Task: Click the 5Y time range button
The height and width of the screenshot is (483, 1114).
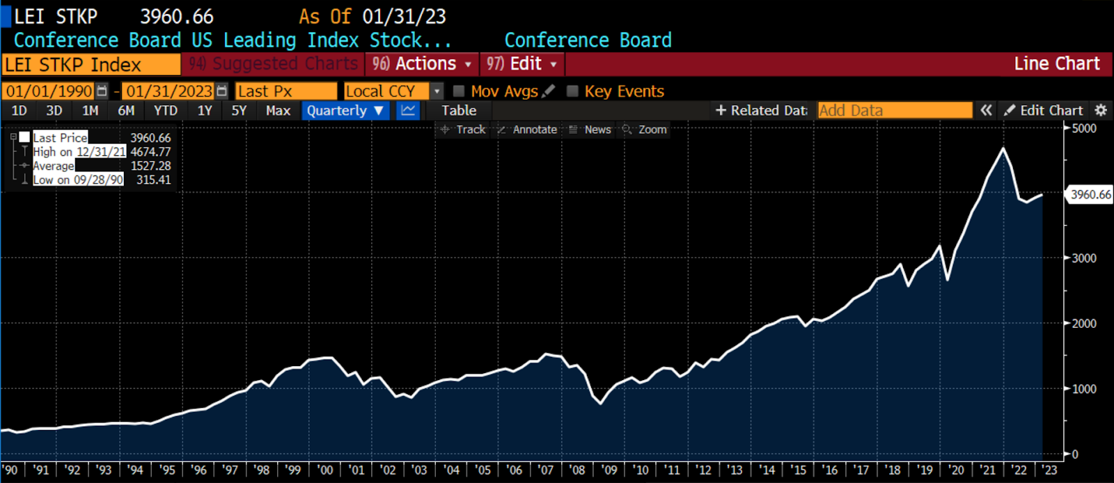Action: [239, 111]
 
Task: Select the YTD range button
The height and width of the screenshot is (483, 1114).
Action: [166, 111]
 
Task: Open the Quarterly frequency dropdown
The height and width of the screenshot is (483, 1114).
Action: [345, 111]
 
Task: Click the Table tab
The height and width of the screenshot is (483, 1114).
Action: [459, 111]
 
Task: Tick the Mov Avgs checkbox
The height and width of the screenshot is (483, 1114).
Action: [459, 91]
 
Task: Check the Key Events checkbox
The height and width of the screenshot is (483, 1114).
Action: [573, 91]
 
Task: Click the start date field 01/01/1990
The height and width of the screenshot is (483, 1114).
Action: [49, 91]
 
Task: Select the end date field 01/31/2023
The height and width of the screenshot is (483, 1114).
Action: [169, 91]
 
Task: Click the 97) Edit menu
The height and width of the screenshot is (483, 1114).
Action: [521, 64]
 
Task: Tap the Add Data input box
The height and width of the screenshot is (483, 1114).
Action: [895, 111]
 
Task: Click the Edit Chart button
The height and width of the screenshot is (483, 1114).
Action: [1044, 111]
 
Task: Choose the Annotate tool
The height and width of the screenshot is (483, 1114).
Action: [528, 129]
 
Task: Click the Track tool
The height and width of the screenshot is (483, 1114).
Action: [464, 129]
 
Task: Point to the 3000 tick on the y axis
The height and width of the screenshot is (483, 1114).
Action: [1084, 258]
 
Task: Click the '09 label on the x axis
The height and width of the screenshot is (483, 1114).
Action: [609, 470]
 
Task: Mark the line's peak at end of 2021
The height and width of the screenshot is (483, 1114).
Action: [1003, 148]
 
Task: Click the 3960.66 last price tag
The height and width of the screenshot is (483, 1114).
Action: [1090, 195]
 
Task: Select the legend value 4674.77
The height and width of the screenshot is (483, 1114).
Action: [150, 152]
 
